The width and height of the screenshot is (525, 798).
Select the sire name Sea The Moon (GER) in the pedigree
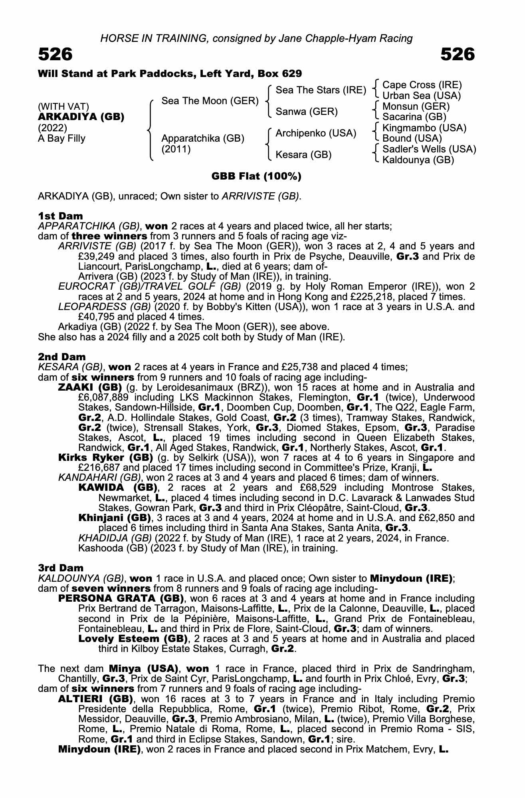pos(210,101)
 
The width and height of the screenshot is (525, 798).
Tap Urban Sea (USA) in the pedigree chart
pos(422,96)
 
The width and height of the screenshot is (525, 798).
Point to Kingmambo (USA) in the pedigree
pos(424,128)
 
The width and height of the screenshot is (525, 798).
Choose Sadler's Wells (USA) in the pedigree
pos(429,149)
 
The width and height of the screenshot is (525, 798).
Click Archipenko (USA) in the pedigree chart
pos(316,133)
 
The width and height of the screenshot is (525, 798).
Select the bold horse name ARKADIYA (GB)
pos(81,117)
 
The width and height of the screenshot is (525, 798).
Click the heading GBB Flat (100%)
pos(256,176)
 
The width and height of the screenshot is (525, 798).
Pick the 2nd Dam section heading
pos(62,357)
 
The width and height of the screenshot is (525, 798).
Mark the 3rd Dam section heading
pos(61,568)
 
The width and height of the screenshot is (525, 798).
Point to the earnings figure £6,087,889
pos(103,398)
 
